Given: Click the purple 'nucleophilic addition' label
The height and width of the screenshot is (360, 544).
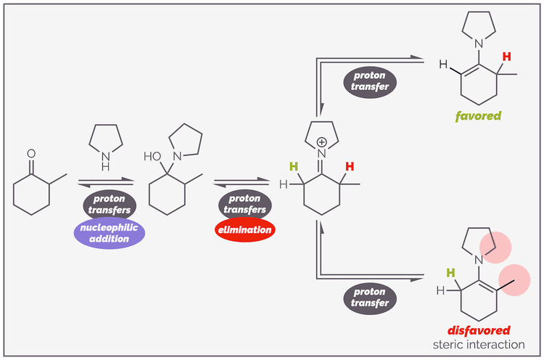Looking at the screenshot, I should coord(110,232).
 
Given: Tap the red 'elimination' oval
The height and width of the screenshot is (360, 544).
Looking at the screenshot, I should coord(245,230).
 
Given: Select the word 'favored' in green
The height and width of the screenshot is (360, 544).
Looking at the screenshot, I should coord(478,115).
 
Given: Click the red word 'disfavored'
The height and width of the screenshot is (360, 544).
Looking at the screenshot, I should coord(478,330).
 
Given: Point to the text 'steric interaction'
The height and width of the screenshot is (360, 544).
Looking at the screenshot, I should coord(478,344).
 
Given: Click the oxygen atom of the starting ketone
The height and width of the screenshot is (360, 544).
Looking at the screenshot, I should coord(30,154).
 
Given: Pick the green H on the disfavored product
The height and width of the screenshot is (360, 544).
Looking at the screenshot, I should coord(450,274).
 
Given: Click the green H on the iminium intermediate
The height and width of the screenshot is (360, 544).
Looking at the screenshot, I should coord(294,167).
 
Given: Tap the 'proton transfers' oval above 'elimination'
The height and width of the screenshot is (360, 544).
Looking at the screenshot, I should coord(245,204).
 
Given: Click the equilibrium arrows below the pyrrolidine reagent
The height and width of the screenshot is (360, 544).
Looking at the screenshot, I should coord(104,182).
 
